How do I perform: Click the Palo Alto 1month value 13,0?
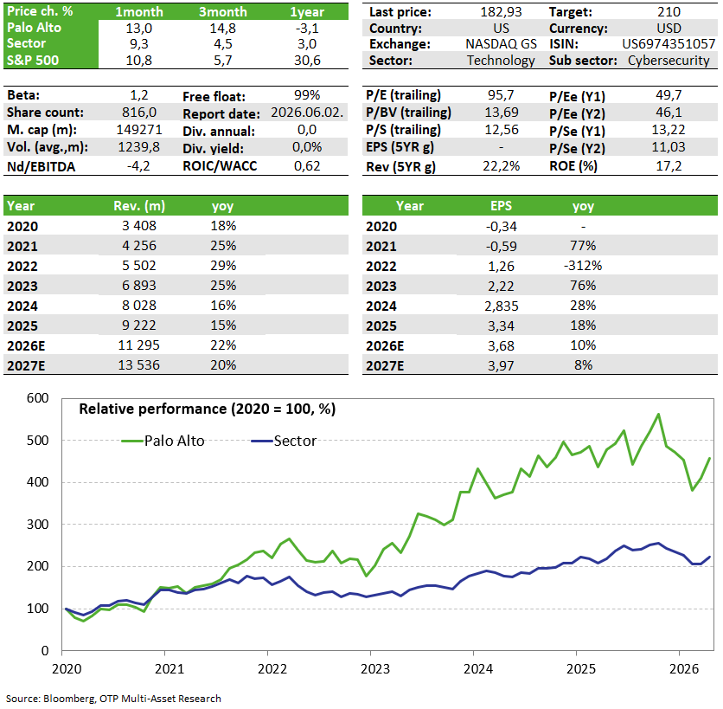point(138,29)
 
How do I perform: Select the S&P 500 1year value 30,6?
point(307,61)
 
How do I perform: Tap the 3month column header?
point(223,12)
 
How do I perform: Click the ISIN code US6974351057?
point(669,44)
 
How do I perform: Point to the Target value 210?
point(669,11)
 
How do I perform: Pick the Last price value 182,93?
point(501,11)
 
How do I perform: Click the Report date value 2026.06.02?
point(307,113)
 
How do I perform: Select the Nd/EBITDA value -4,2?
point(138,166)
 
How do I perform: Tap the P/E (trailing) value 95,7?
point(501,95)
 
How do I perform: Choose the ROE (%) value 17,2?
point(669,166)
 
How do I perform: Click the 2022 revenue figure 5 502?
point(138,266)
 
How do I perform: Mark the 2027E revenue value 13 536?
point(138,365)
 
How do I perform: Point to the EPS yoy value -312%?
point(583,266)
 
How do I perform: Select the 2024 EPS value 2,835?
point(501,306)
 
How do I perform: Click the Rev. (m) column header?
point(138,206)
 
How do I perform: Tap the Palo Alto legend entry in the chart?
point(163,441)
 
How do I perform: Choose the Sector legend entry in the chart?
point(284,441)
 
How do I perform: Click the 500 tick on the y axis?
point(38,441)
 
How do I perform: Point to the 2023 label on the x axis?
point(374,669)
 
